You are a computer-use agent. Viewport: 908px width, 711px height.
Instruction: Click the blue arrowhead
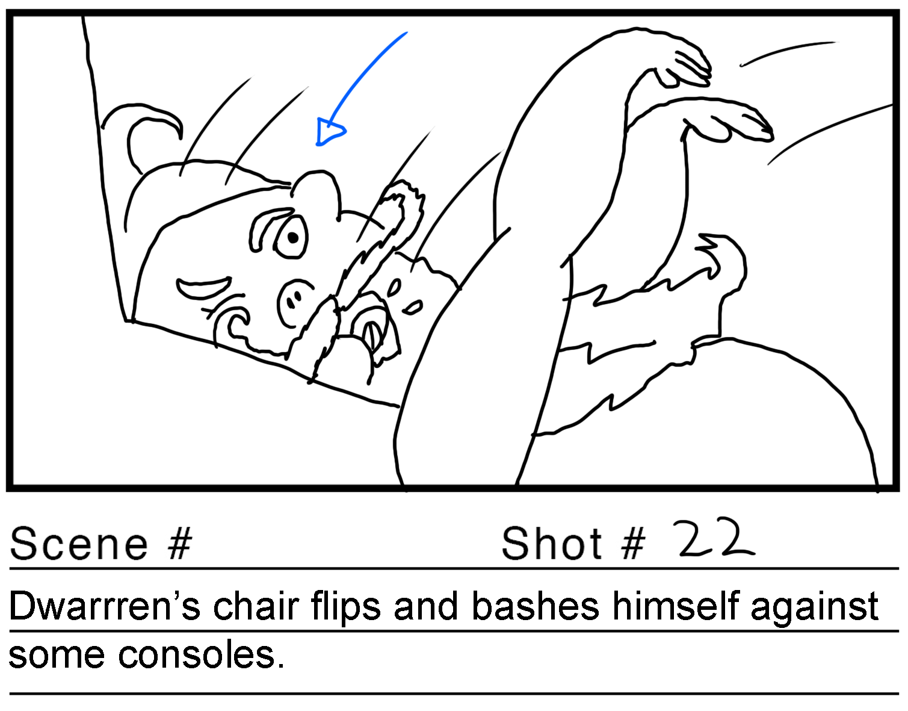(x=329, y=131)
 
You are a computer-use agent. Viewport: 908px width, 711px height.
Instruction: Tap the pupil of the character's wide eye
(x=293, y=237)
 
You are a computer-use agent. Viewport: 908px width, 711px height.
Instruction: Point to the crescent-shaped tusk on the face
(x=203, y=288)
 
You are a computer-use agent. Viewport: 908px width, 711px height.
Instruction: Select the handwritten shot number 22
(x=715, y=538)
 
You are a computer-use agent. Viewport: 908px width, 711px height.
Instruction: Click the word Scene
(x=79, y=544)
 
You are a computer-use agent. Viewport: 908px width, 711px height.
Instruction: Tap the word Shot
(x=551, y=544)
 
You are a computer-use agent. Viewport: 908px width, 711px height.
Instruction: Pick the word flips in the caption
(x=345, y=608)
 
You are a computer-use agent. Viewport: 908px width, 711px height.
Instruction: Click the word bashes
(x=536, y=606)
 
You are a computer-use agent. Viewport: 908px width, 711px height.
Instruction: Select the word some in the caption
(x=57, y=656)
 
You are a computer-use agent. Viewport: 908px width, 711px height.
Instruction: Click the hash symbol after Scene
(x=180, y=544)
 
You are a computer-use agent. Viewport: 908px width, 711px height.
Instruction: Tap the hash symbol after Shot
(x=634, y=544)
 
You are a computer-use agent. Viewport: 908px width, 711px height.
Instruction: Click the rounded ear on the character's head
(x=315, y=192)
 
